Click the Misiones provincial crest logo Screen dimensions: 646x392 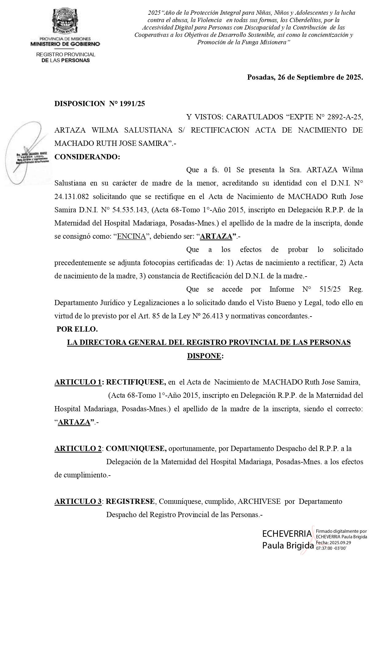[65, 21]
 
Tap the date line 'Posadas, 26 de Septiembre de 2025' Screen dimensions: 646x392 [305, 77]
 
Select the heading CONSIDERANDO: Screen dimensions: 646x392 [87, 157]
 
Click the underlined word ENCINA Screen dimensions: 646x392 [131, 236]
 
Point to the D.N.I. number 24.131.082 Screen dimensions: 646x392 [71, 196]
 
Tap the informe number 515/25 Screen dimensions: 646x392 [330, 289]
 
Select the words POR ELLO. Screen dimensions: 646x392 [77, 329]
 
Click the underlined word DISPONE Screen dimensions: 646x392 [204, 356]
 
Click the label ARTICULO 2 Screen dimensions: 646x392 [78, 449]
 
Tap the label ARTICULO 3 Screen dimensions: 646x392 [78, 501]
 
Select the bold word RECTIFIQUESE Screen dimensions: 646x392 [136, 382]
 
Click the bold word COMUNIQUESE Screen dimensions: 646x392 [136, 449]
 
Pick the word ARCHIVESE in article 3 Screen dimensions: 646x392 [259, 501]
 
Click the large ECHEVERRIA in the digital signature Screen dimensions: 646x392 [287, 534]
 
